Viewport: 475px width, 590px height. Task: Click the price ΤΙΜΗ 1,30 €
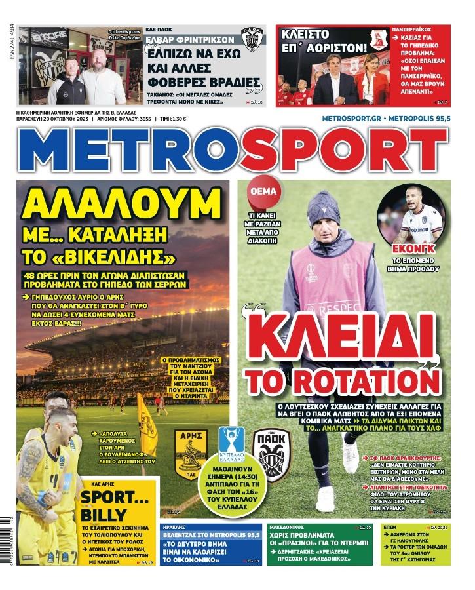click(173, 119)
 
